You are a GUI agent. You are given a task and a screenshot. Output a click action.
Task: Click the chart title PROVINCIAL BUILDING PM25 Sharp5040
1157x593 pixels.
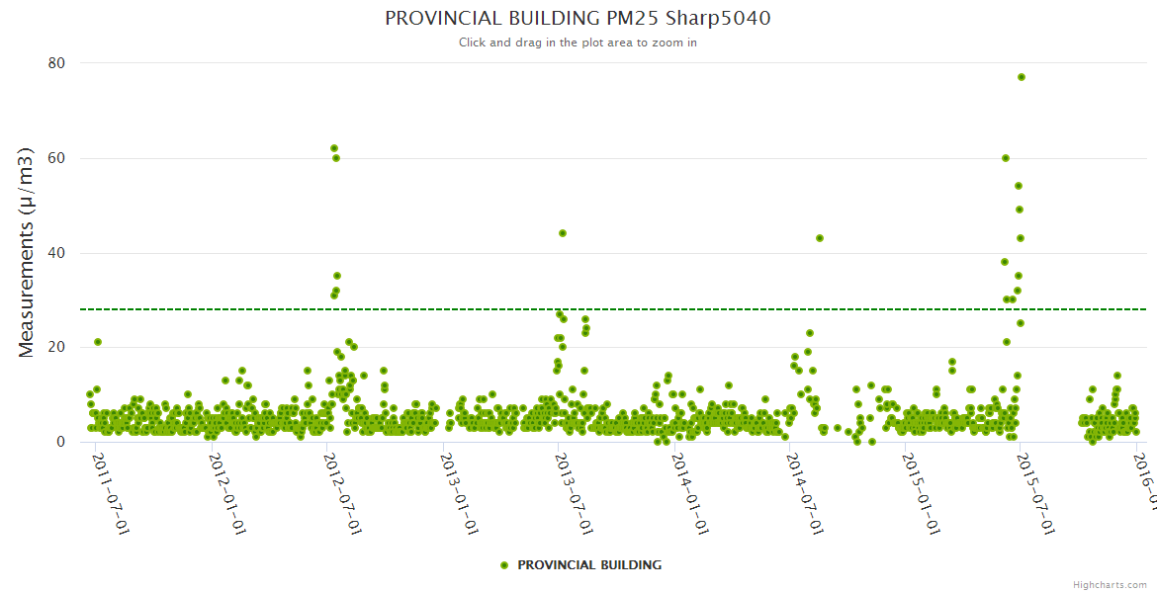click(x=578, y=19)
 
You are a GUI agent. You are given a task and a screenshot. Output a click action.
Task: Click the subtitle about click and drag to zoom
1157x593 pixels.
click(x=578, y=42)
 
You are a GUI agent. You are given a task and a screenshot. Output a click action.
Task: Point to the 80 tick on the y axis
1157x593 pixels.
click(x=56, y=63)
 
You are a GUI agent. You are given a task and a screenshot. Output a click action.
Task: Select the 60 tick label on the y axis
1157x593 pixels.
click(x=56, y=158)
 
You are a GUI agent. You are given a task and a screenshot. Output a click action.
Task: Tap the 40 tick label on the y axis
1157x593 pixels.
click(x=56, y=253)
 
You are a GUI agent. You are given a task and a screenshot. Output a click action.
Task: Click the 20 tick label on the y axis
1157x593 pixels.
click(x=56, y=347)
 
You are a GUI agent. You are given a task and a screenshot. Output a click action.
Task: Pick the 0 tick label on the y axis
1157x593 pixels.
click(x=60, y=442)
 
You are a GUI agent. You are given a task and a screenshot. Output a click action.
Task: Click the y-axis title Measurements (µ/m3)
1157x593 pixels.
click(x=27, y=252)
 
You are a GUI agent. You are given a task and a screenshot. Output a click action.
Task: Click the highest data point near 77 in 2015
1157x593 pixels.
click(x=1022, y=77)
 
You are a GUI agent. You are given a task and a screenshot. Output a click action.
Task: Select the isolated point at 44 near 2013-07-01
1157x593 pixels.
click(x=563, y=233)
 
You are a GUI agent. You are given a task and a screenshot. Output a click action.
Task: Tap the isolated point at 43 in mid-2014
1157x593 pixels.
click(x=820, y=238)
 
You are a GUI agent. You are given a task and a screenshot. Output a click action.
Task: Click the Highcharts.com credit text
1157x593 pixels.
click(x=1110, y=584)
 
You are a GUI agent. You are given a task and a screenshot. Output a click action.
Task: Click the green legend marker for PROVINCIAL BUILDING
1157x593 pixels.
click(x=504, y=565)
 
